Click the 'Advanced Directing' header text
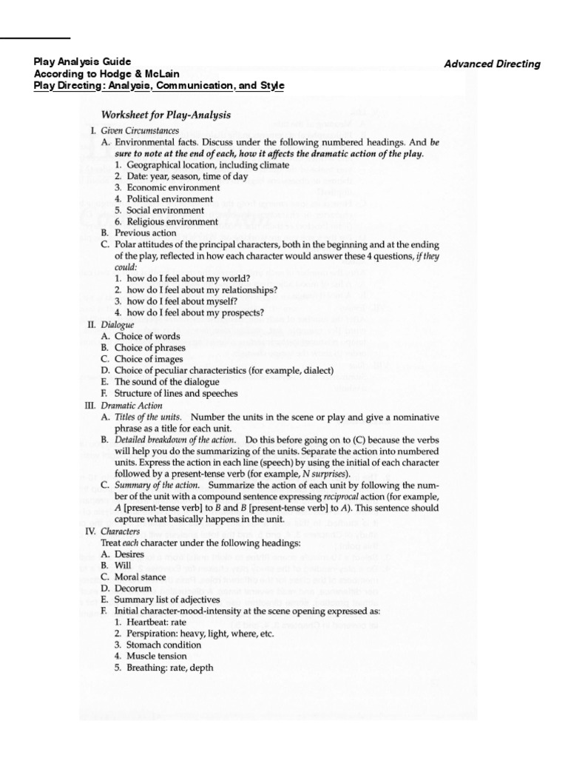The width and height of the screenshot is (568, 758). point(492,64)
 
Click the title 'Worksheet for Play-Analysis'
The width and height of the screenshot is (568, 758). point(166,115)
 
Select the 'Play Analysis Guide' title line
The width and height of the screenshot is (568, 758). point(83,62)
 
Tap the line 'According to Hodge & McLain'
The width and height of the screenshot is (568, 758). point(106,74)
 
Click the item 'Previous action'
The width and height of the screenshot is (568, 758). point(144,232)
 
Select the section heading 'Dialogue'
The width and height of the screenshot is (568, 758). point(118,324)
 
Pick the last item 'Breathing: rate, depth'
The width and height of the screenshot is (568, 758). point(170,667)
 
